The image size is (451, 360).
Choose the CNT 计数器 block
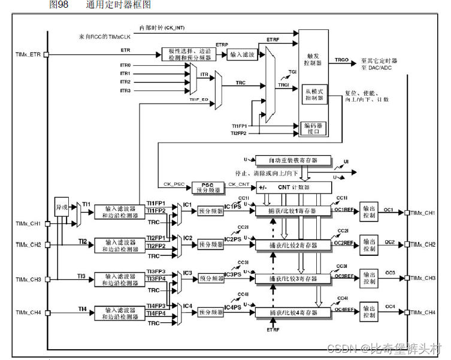(293, 187)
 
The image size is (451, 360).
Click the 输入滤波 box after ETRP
(242, 55)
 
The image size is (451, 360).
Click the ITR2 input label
(125, 81)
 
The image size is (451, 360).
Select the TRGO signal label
(341, 60)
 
